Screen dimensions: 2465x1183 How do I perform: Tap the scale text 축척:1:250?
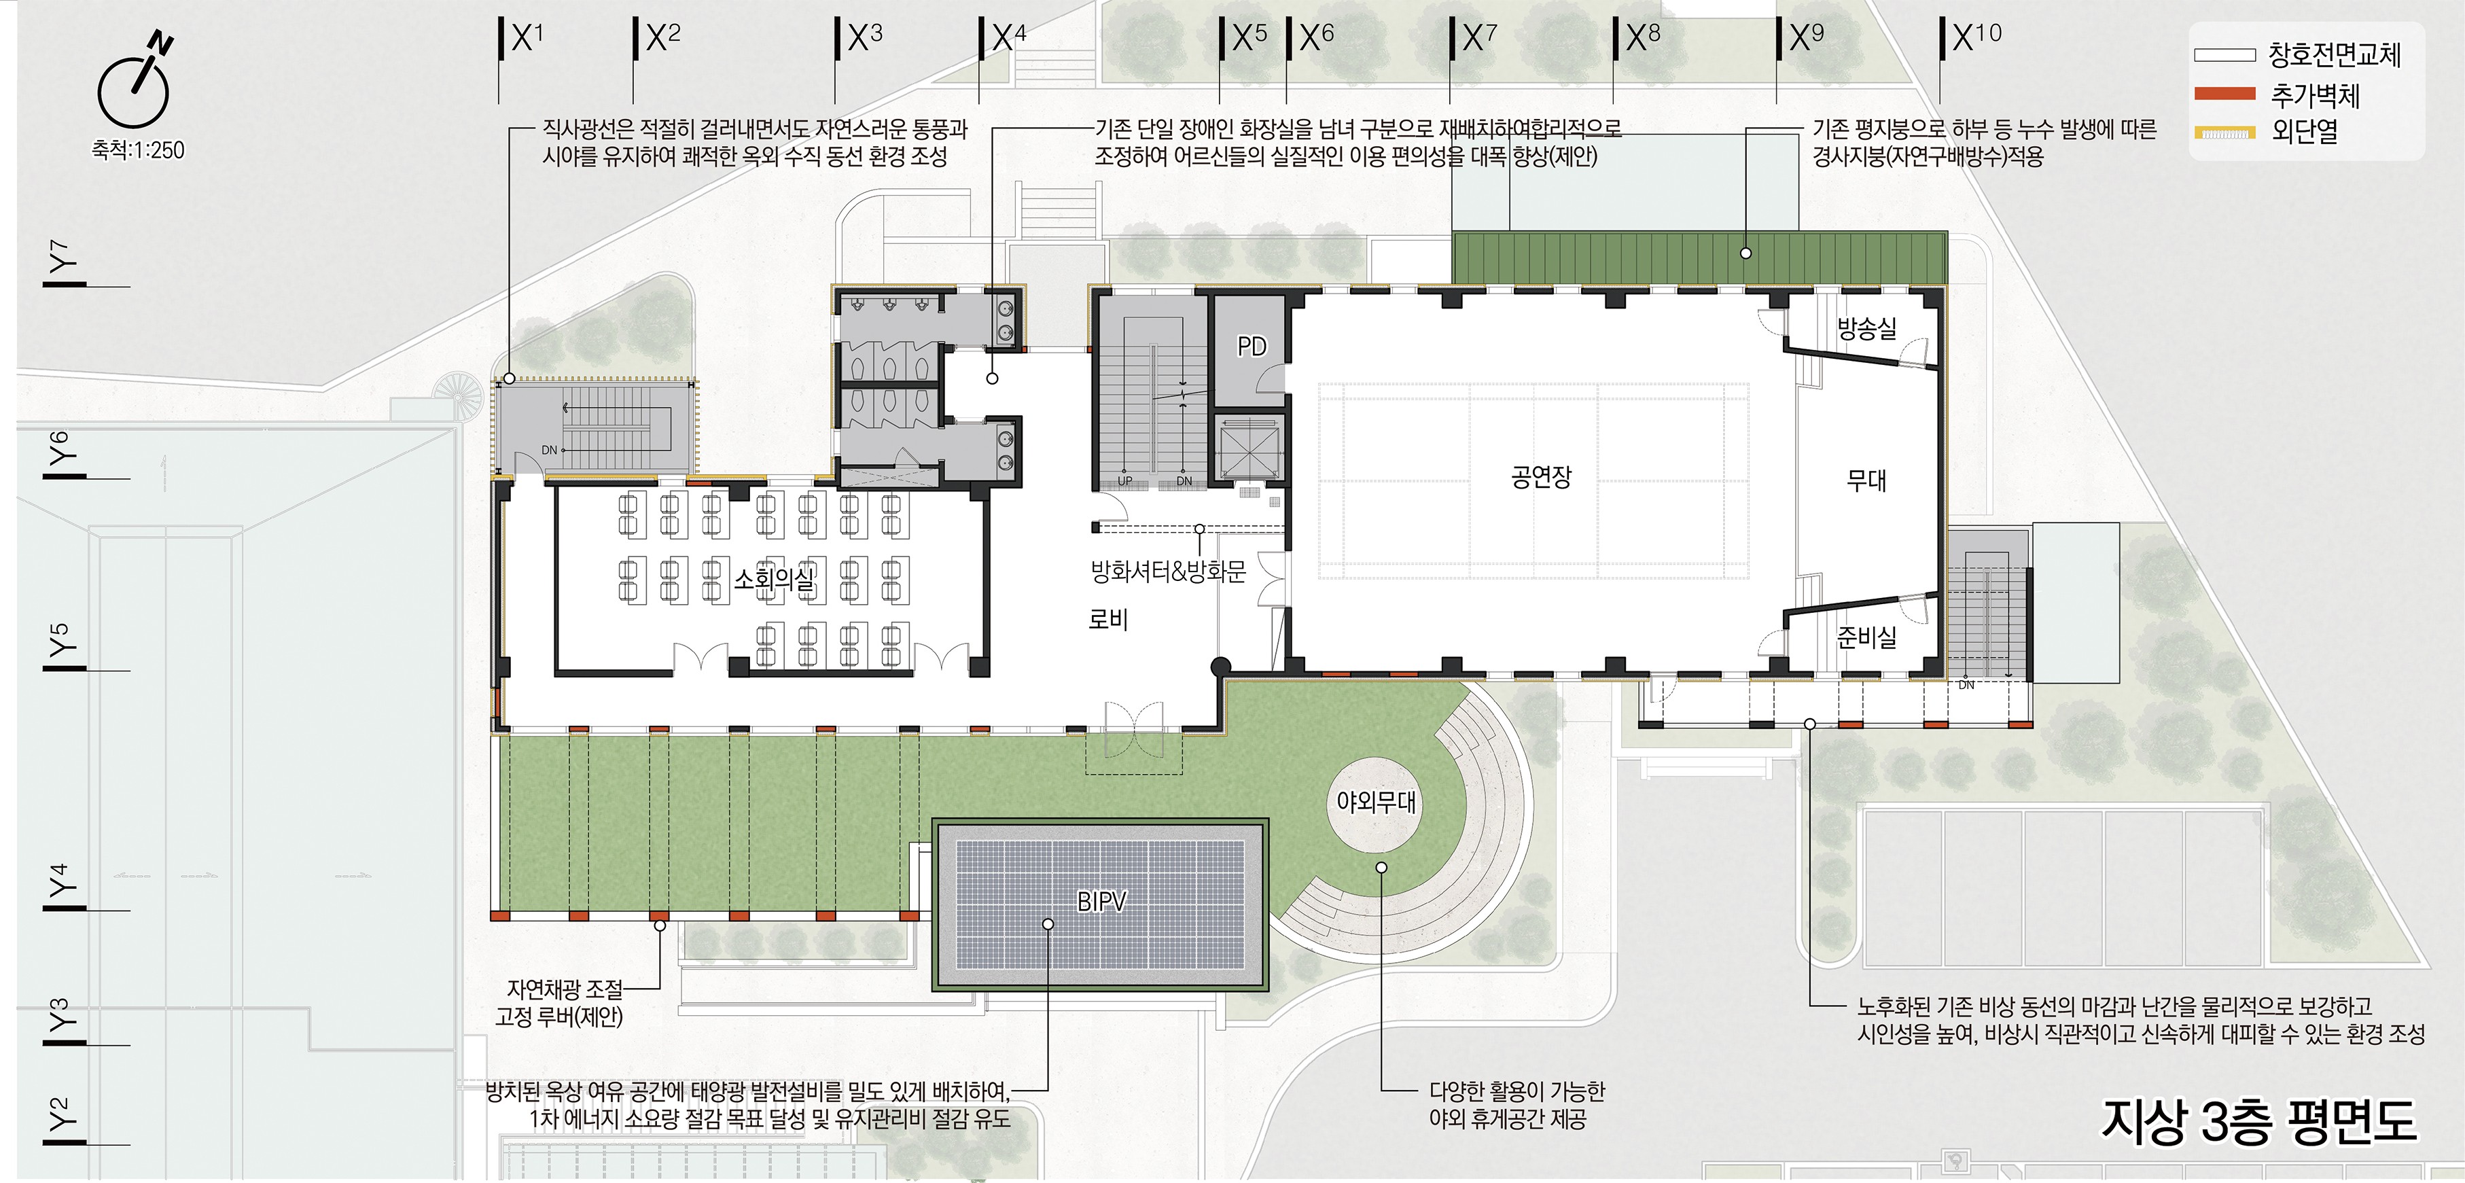click(x=138, y=150)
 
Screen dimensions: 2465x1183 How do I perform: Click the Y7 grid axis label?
click(x=63, y=256)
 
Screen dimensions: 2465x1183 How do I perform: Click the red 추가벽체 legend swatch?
click(x=2224, y=94)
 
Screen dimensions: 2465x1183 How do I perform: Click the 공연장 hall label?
click(x=1541, y=476)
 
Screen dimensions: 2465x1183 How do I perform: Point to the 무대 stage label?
click(x=1866, y=480)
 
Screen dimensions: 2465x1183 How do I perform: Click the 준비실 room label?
click(x=1866, y=637)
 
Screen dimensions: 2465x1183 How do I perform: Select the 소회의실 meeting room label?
click(x=774, y=578)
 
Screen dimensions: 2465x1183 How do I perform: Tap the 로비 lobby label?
click(x=1108, y=619)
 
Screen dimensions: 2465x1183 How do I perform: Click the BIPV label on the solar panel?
click(x=1101, y=900)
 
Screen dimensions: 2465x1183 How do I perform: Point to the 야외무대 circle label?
click(x=1376, y=801)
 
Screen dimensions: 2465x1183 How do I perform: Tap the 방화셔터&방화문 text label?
click(x=1169, y=571)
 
